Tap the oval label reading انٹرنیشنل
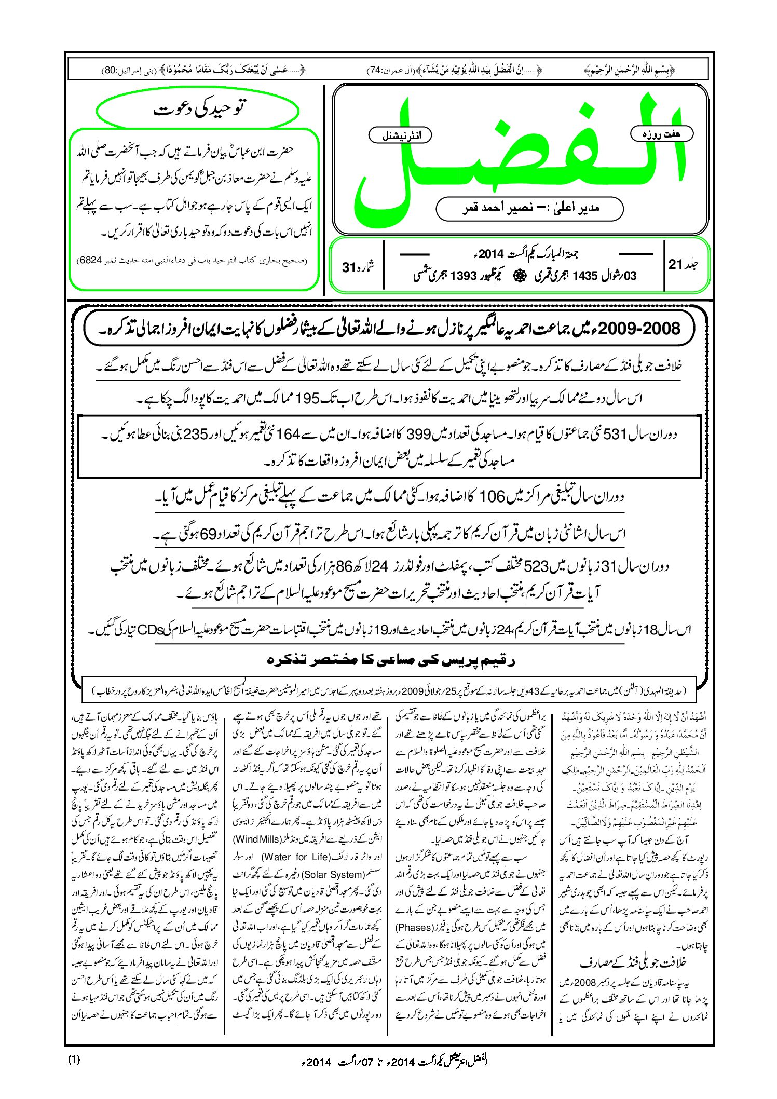(x=400, y=135)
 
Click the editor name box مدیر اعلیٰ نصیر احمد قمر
(x=530, y=208)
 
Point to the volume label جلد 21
(x=684, y=264)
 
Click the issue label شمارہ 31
(x=358, y=267)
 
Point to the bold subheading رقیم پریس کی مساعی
(x=390, y=660)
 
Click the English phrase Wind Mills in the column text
(x=256, y=839)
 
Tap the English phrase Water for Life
(x=291, y=857)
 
